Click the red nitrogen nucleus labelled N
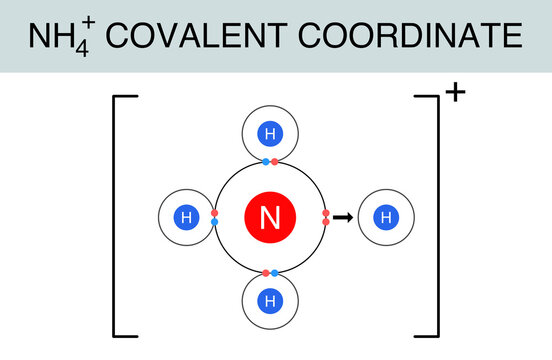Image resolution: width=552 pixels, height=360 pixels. tap(269, 216)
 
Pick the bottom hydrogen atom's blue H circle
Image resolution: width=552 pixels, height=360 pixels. tap(269, 299)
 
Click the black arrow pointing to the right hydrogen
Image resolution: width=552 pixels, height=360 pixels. tap(342, 216)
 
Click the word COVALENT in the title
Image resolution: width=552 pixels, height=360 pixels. tap(189, 37)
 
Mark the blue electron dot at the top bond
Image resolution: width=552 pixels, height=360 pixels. tap(265, 161)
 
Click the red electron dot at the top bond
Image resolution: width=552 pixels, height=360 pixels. tap(274, 161)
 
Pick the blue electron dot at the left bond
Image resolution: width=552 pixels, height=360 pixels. tap(215, 221)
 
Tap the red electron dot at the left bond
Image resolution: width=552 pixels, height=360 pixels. tap(215, 212)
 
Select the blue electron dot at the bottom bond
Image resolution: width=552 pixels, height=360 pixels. tap(273, 272)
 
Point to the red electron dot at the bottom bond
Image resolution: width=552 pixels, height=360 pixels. tap(265, 272)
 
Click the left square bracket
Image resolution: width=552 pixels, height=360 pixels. tap(117, 215)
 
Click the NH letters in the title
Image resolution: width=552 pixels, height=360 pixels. tap(50, 37)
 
